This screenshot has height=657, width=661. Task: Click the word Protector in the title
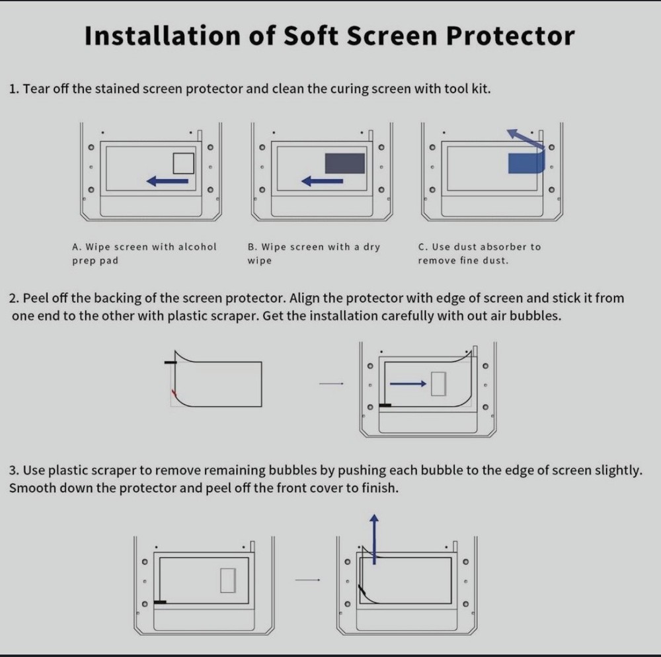pos(510,36)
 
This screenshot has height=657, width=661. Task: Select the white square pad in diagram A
pos(183,163)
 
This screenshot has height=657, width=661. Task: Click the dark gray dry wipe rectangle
pos(344,163)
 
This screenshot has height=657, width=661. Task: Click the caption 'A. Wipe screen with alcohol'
pos(144,247)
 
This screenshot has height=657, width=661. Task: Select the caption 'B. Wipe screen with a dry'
pos(314,247)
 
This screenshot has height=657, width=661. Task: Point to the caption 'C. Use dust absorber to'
pos(479,247)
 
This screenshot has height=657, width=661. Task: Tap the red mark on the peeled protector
pos(174,395)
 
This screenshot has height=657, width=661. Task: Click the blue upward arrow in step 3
pos(374,539)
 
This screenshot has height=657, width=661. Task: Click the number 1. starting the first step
pos(14,89)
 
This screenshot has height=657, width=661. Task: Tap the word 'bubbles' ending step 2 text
pos(537,316)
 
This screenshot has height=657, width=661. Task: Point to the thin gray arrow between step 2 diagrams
pos(330,383)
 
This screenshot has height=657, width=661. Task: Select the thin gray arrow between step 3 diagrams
pos(307,580)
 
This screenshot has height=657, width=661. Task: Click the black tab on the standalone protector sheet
pos(171,363)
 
